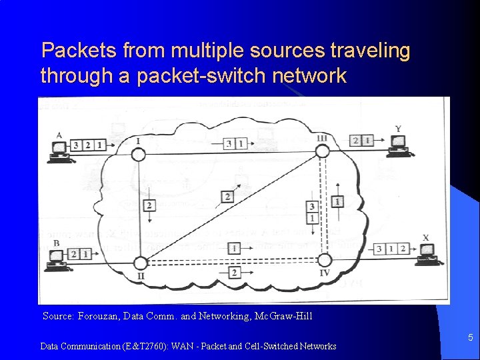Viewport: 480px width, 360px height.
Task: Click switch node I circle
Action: click(137, 154)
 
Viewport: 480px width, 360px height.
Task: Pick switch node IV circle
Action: click(324, 259)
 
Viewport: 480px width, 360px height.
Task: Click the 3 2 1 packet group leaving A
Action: click(88, 145)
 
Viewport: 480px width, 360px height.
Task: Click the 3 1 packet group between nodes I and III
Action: click(235, 143)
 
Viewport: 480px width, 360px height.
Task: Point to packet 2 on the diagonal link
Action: click(228, 197)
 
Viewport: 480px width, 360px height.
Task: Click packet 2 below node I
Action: click(149, 205)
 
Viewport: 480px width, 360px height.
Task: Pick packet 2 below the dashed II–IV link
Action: click(233, 272)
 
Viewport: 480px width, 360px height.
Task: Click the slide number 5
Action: click(470, 338)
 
